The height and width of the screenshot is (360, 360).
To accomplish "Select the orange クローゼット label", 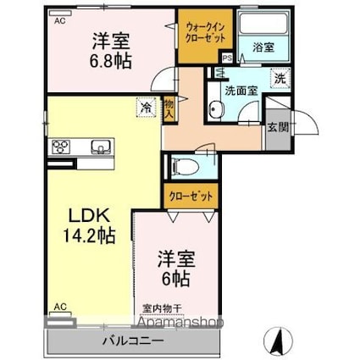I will click(191, 197).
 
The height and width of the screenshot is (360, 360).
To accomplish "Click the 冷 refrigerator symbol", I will click(146, 107).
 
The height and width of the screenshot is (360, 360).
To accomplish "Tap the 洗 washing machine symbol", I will click(279, 78).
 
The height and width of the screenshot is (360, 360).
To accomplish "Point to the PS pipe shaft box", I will click(226, 58).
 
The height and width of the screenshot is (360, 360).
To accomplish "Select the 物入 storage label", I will click(169, 106).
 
